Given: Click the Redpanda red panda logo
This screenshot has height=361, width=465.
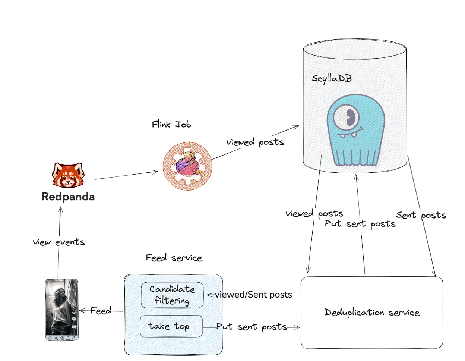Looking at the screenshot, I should (68, 175).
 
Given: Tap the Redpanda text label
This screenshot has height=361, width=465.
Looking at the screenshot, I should (68, 197).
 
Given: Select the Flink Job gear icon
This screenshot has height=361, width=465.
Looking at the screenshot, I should (187, 166).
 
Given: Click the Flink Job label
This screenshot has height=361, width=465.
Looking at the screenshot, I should (171, 125).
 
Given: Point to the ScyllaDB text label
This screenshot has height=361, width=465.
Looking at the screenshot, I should (332, 78).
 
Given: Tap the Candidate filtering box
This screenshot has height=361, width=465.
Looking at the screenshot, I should (172, 295).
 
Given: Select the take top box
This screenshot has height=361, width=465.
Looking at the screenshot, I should (171, 326).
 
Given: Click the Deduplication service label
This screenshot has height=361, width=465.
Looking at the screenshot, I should (372, 312).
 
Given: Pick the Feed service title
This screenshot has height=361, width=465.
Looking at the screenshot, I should (174, 258).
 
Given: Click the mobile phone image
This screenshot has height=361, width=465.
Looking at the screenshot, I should (62, 310).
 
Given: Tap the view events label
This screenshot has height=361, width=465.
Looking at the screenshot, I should (59, 242).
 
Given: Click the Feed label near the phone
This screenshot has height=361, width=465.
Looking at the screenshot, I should (101, 311).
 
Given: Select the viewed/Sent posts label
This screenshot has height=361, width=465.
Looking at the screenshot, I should (253, 295).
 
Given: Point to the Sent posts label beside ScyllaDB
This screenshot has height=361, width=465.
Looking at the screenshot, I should (421, 215).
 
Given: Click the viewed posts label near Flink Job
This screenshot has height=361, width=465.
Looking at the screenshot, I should (255, 142).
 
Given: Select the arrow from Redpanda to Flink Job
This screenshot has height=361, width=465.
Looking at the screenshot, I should (127, 175).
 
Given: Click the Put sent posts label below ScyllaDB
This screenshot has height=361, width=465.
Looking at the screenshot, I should (360, 224).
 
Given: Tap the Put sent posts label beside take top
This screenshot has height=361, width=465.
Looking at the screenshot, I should (252, 327).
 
